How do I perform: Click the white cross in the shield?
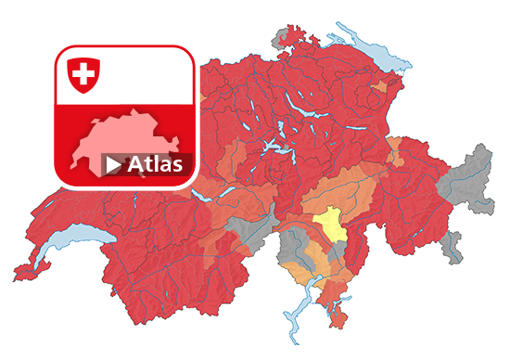pos(84,71)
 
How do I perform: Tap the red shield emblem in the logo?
pos(84,73)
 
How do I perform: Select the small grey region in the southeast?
pos(452,246)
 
